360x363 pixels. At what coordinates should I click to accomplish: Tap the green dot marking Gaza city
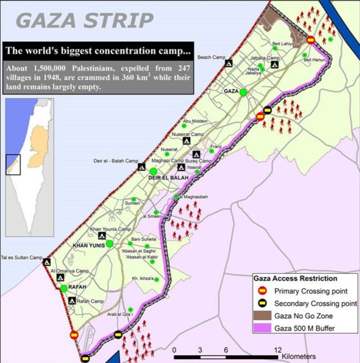243,93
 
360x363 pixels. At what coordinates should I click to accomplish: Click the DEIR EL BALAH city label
168,178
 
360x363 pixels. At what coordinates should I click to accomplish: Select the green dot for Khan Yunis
109,244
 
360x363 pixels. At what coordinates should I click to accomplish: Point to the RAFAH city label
78,287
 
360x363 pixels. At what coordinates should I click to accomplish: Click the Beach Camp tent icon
229,63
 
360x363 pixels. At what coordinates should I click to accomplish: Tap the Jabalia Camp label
265,58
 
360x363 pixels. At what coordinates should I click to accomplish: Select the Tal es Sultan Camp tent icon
47,262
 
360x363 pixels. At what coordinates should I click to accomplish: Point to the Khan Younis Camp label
110,229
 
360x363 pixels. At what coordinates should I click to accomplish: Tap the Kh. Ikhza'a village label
143,279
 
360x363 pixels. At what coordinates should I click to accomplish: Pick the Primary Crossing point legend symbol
262,290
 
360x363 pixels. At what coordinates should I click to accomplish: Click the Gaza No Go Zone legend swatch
262,316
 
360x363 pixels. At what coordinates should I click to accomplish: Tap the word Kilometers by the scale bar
298,356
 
